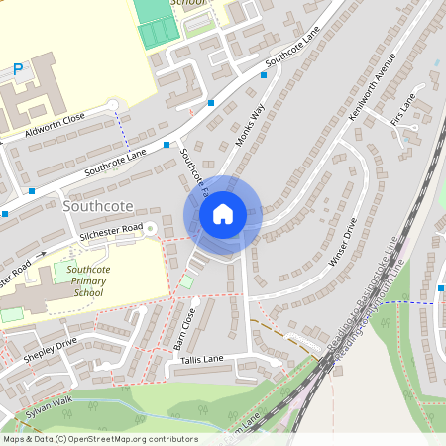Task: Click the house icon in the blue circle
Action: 222,213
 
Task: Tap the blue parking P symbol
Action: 17,69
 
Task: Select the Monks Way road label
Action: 251,128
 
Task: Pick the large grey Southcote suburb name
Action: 96,207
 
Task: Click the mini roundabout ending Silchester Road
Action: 151,228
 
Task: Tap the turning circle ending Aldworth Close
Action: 112,104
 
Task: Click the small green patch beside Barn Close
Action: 186,283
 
